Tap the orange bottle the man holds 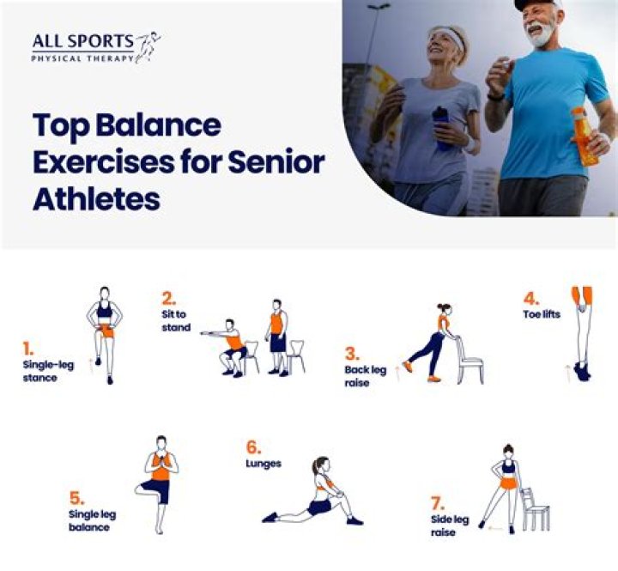point(584,137)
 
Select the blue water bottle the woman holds point(442,128)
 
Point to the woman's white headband point(451,39)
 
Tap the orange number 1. point(27,349)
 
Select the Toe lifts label point(542,314)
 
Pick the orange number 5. point(76,497)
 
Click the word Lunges point(264,464)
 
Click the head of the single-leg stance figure point(105,294)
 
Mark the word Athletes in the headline point(96,199)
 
